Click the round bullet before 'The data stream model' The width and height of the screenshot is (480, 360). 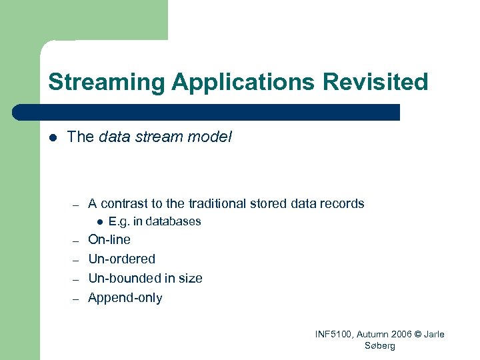(x=52, y=137)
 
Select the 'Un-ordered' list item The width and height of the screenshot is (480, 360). (x=121, y=259)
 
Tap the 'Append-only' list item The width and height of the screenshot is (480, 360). (x=125, y=298)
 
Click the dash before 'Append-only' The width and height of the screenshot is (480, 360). (x=76, y=299)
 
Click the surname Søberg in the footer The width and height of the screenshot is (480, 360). (x=380, y=346)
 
